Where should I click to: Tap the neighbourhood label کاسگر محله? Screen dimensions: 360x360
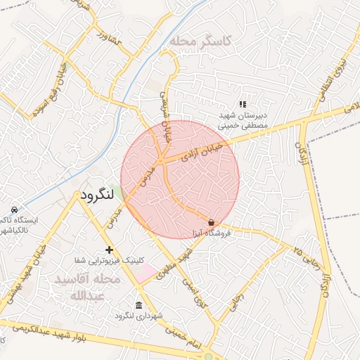tap(200, 41)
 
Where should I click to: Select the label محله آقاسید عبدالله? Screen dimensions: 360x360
tap(88, 287)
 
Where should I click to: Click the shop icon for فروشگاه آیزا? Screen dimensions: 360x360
tap(211, 221)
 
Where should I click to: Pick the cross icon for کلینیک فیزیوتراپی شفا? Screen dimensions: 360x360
tap(109, 250)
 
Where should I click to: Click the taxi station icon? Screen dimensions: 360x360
tap(14, 210)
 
